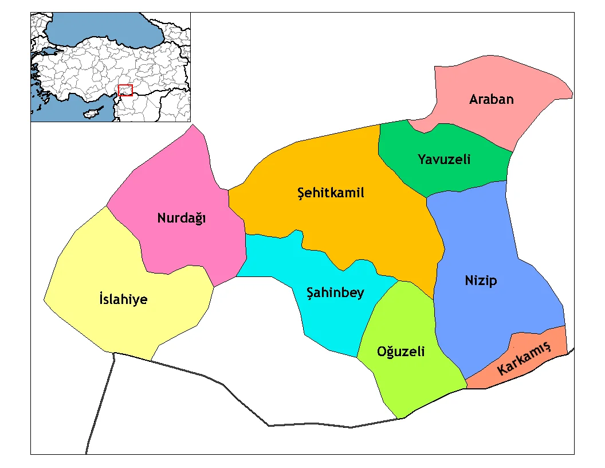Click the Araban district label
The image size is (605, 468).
[x=491, y=99]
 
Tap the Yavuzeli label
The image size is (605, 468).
[x=444, y=159]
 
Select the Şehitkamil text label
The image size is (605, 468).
[x=331, y=193]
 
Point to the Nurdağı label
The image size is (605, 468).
[x=181, y=219]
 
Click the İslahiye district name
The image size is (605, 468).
[x=123, y=299]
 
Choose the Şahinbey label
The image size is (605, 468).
[x=336, y=292]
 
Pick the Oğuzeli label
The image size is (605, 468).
[x=401, y=352]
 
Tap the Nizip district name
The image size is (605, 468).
[x=481, y=280]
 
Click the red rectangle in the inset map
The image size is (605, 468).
[x=125, y=90]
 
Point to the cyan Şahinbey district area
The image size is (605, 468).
[x=332, y=321]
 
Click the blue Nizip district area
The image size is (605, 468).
[x=487, y=241]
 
